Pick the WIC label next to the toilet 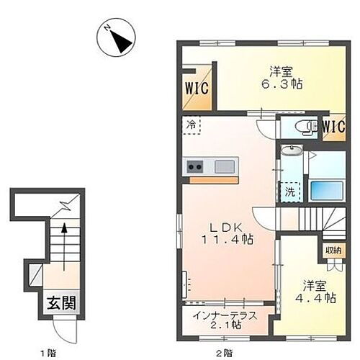(333, 127)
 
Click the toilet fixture (307, 128)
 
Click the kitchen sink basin (225, 167)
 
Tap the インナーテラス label (225, 313)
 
